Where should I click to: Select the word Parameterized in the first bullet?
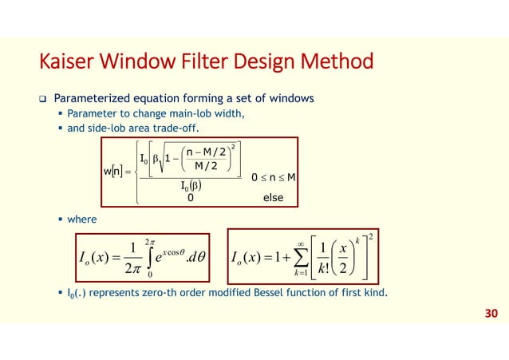[x=92, y=99]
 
